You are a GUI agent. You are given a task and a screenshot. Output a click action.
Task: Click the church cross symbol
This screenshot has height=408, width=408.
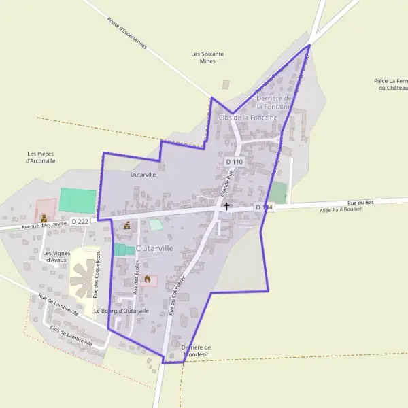(x=226, y=205)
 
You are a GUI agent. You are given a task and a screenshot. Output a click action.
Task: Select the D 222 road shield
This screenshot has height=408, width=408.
(x=80, y=222)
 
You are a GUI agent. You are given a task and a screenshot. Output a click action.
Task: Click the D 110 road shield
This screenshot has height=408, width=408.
(x=235, y=162)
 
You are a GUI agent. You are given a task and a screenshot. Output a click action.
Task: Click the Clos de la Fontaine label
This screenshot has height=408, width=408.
(x=248, y=118)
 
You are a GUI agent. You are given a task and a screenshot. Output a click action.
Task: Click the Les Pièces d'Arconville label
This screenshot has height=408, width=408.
(x=40, y=157)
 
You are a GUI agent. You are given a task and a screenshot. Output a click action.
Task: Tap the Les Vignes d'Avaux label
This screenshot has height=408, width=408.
(x=56, y=256)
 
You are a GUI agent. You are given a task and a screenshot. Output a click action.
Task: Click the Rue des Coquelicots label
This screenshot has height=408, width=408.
(x=97, y=274)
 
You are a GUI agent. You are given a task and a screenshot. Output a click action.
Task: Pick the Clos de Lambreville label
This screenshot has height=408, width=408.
(x=71, y=335)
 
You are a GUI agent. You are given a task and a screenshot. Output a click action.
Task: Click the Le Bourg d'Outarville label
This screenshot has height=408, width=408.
(x=121, y=311)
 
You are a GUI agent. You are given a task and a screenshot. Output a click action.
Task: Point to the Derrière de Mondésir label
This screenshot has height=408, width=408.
(x=197, y=350)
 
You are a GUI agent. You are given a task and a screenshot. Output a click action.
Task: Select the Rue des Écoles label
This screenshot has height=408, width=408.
(x=136, y=276)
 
